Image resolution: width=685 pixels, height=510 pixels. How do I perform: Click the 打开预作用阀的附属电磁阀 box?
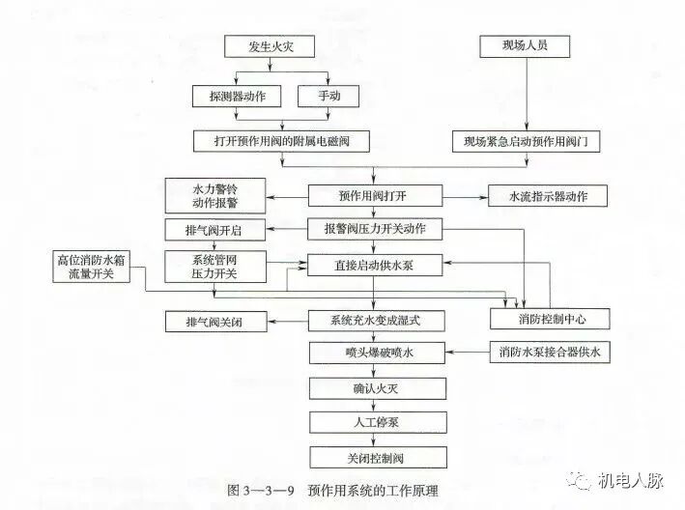283,141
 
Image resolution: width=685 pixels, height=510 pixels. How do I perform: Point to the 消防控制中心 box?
550,318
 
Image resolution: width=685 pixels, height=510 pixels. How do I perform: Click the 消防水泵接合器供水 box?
550,352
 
